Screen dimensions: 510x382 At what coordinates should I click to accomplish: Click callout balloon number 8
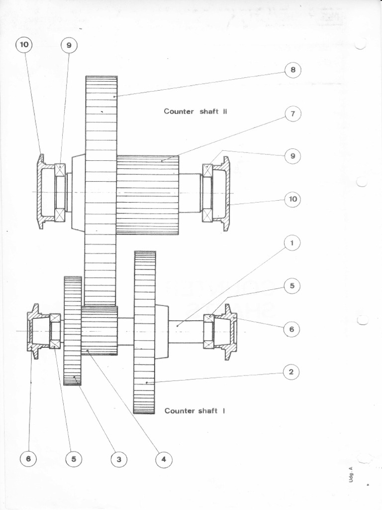point(293,70)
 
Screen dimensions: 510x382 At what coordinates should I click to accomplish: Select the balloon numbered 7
point(293,114)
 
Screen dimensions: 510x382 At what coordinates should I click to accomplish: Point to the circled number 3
point(118,459)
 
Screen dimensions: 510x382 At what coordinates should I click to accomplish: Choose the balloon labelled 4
point(164,459)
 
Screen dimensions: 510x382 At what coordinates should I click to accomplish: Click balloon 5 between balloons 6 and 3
point(74,459)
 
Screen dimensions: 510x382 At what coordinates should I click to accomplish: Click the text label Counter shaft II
point(195,111)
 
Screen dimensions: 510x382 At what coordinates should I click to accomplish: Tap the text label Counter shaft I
point(194,411)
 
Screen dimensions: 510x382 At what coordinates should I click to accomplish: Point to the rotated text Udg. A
point(350,473)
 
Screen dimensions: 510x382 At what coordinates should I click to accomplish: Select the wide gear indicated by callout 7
point(148,195)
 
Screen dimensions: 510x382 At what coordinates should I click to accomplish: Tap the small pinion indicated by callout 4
point(99,330)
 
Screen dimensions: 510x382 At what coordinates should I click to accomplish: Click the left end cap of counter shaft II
point(42,192)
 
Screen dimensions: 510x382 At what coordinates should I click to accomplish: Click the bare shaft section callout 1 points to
point(187,331)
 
